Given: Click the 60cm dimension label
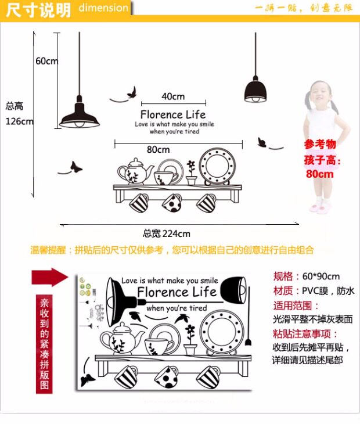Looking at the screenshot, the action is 46,61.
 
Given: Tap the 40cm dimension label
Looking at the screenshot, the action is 173,96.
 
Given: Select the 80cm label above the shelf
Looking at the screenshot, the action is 158,149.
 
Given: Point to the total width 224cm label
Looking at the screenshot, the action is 167,233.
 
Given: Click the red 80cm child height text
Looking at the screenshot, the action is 320,174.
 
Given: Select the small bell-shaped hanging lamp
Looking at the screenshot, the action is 255,90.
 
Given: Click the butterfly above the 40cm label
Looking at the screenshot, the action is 132,92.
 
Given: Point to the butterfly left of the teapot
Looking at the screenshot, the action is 75,167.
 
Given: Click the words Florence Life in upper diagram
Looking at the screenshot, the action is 173,114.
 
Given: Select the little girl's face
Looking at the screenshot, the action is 319,93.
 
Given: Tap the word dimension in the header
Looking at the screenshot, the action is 103,8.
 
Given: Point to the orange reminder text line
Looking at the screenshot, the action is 172,250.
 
